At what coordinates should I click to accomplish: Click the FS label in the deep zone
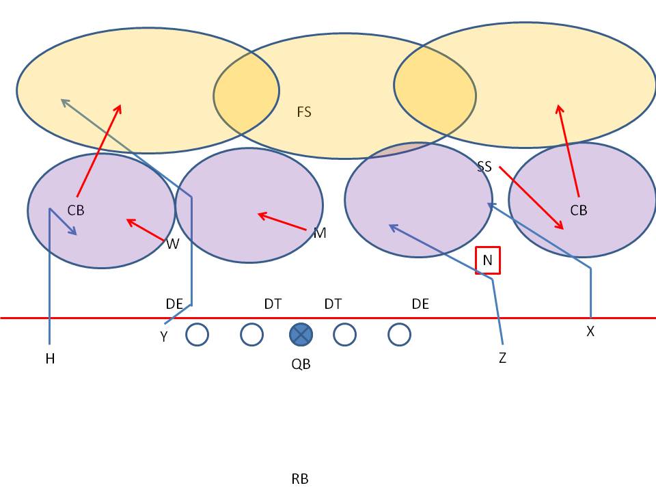(304, 112)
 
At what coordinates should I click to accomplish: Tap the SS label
(484, 167)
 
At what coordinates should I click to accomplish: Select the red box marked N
(488, 260)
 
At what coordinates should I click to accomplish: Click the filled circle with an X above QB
(301, 335)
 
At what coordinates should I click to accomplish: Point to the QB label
(301, 365)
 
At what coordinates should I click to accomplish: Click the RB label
(300, 479)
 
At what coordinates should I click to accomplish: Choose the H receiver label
(50, 359)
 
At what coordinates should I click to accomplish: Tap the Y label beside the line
(164, 337)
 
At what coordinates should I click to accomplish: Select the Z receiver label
(502, 358)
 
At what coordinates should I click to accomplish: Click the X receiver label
(590, 331)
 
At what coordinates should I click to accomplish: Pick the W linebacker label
(173, 243)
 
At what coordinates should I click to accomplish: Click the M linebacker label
(320, 234)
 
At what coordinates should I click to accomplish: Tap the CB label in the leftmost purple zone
(76, 210)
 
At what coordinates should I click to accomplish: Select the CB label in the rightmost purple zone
(578, 210)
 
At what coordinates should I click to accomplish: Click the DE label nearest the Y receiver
(174, 304)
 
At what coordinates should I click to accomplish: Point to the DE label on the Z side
(420, 304)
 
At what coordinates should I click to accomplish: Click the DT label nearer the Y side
(273, 304)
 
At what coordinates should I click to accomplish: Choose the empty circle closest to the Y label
(197, 335)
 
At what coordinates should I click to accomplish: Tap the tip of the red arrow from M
(258, 215)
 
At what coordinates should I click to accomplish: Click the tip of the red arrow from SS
(563, 230)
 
